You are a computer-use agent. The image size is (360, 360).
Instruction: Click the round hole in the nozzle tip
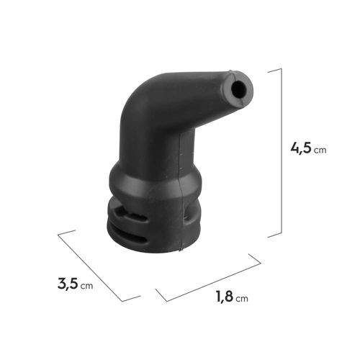point(238,89)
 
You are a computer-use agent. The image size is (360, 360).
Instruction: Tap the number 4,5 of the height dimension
point(301,148)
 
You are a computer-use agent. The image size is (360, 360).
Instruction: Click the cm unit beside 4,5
point(320,150)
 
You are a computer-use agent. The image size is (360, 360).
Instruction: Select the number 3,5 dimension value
point(68,284)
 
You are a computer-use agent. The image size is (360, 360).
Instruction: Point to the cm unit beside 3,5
point(86,286)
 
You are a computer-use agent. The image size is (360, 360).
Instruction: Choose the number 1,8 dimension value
point(225,296)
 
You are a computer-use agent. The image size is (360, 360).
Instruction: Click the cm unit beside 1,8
point(242,299)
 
